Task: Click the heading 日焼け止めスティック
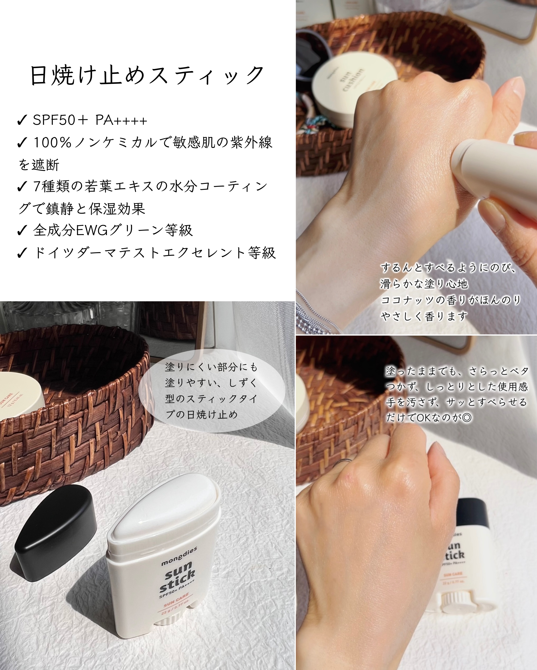(147, 75)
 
